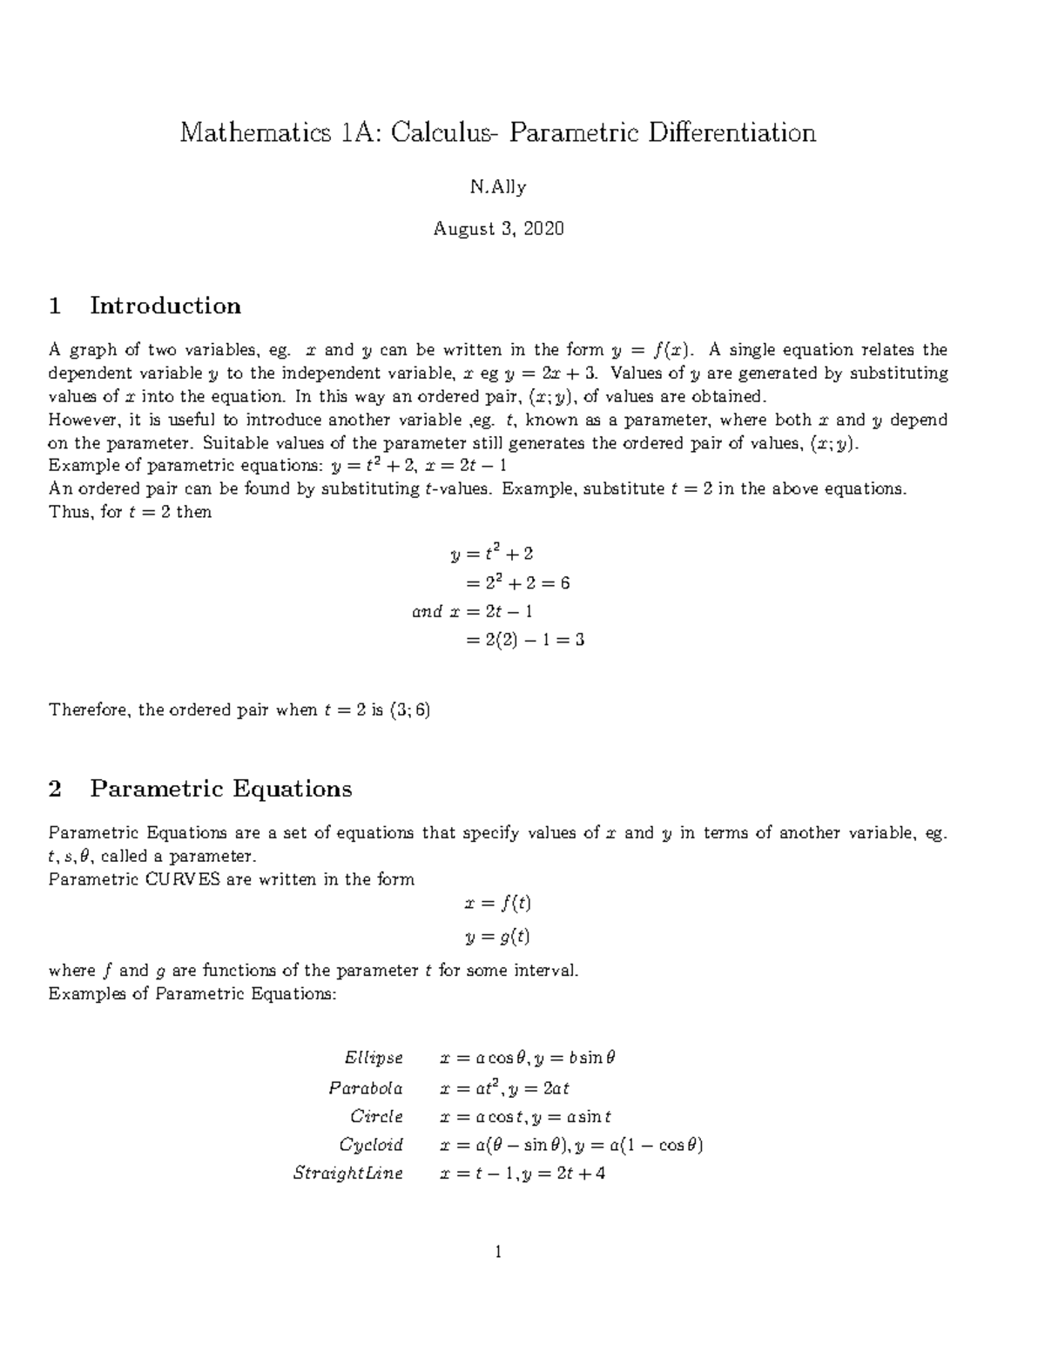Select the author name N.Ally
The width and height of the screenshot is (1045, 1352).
[x=498, y=186]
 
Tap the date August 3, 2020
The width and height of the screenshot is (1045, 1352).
[x=499, y=229]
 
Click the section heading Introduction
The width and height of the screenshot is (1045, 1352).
[x=165, y=306]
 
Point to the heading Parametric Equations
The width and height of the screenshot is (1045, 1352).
[x=221, y=789]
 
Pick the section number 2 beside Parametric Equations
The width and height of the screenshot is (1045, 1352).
[x=56, y=789]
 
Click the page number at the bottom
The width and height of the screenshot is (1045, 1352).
[x=498, y=1253]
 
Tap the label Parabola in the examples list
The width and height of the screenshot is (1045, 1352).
[x=366, y=1087]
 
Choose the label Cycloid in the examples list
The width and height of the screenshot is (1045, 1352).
[x=371, y=1145]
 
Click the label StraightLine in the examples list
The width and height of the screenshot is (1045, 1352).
[x=348, y=1174]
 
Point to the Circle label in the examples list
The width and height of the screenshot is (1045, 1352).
[x=376, y=1116]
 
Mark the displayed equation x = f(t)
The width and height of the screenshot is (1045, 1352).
[x=498, y=904]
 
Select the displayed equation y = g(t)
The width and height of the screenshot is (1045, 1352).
[x=498, y=937]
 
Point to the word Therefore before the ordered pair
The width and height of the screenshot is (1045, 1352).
[x=88, y=710]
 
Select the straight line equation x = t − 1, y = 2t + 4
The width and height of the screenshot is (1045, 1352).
[x=522, y=1174]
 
